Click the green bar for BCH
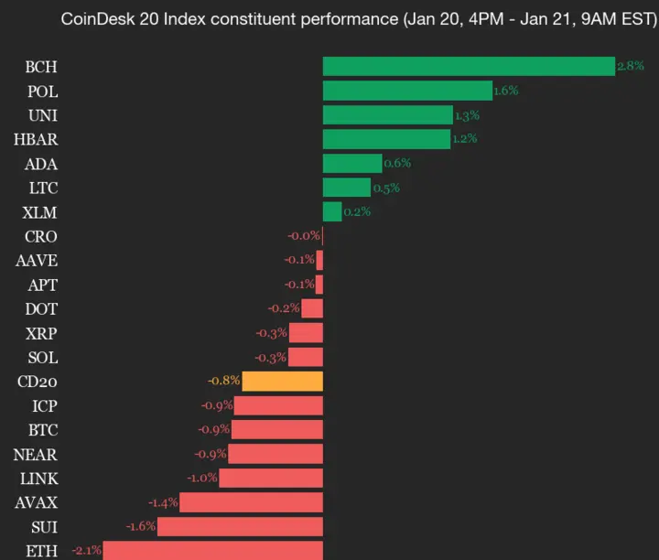[x=469, y=66]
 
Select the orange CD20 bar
[x=283, y=381]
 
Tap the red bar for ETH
[x=212, y=550]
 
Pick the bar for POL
[x=407, y=91]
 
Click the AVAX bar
[x=251, y=502]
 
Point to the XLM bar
[x=332, y=211]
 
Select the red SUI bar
[x=240, y=526]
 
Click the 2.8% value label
[x=631, y=66]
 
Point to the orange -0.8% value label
[x=224, y=381]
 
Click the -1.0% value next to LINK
[x=202, y=478]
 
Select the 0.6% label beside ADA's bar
[x=397, y=163]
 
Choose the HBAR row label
[x=36, y=139]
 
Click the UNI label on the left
[x=41, y=114]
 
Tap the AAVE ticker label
[x=37, y=260]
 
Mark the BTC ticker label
[x=41, y=429]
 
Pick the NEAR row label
[x=35, y=454]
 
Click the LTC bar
[x=347, y=188]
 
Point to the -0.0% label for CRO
[x=304, y=236]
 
